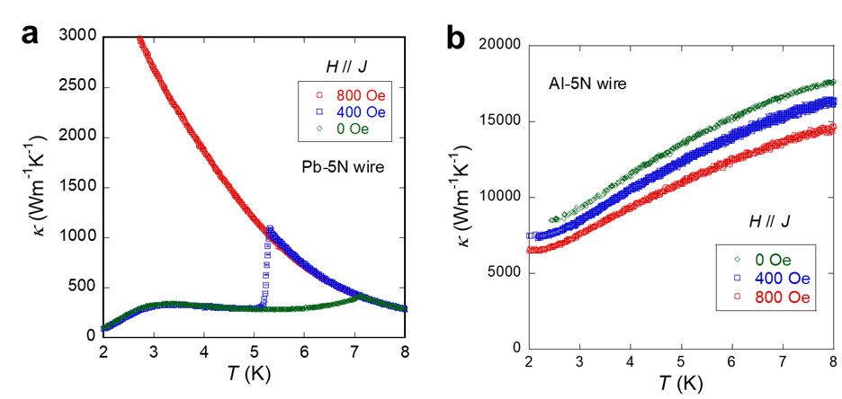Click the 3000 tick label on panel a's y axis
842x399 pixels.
tap(79, 37)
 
